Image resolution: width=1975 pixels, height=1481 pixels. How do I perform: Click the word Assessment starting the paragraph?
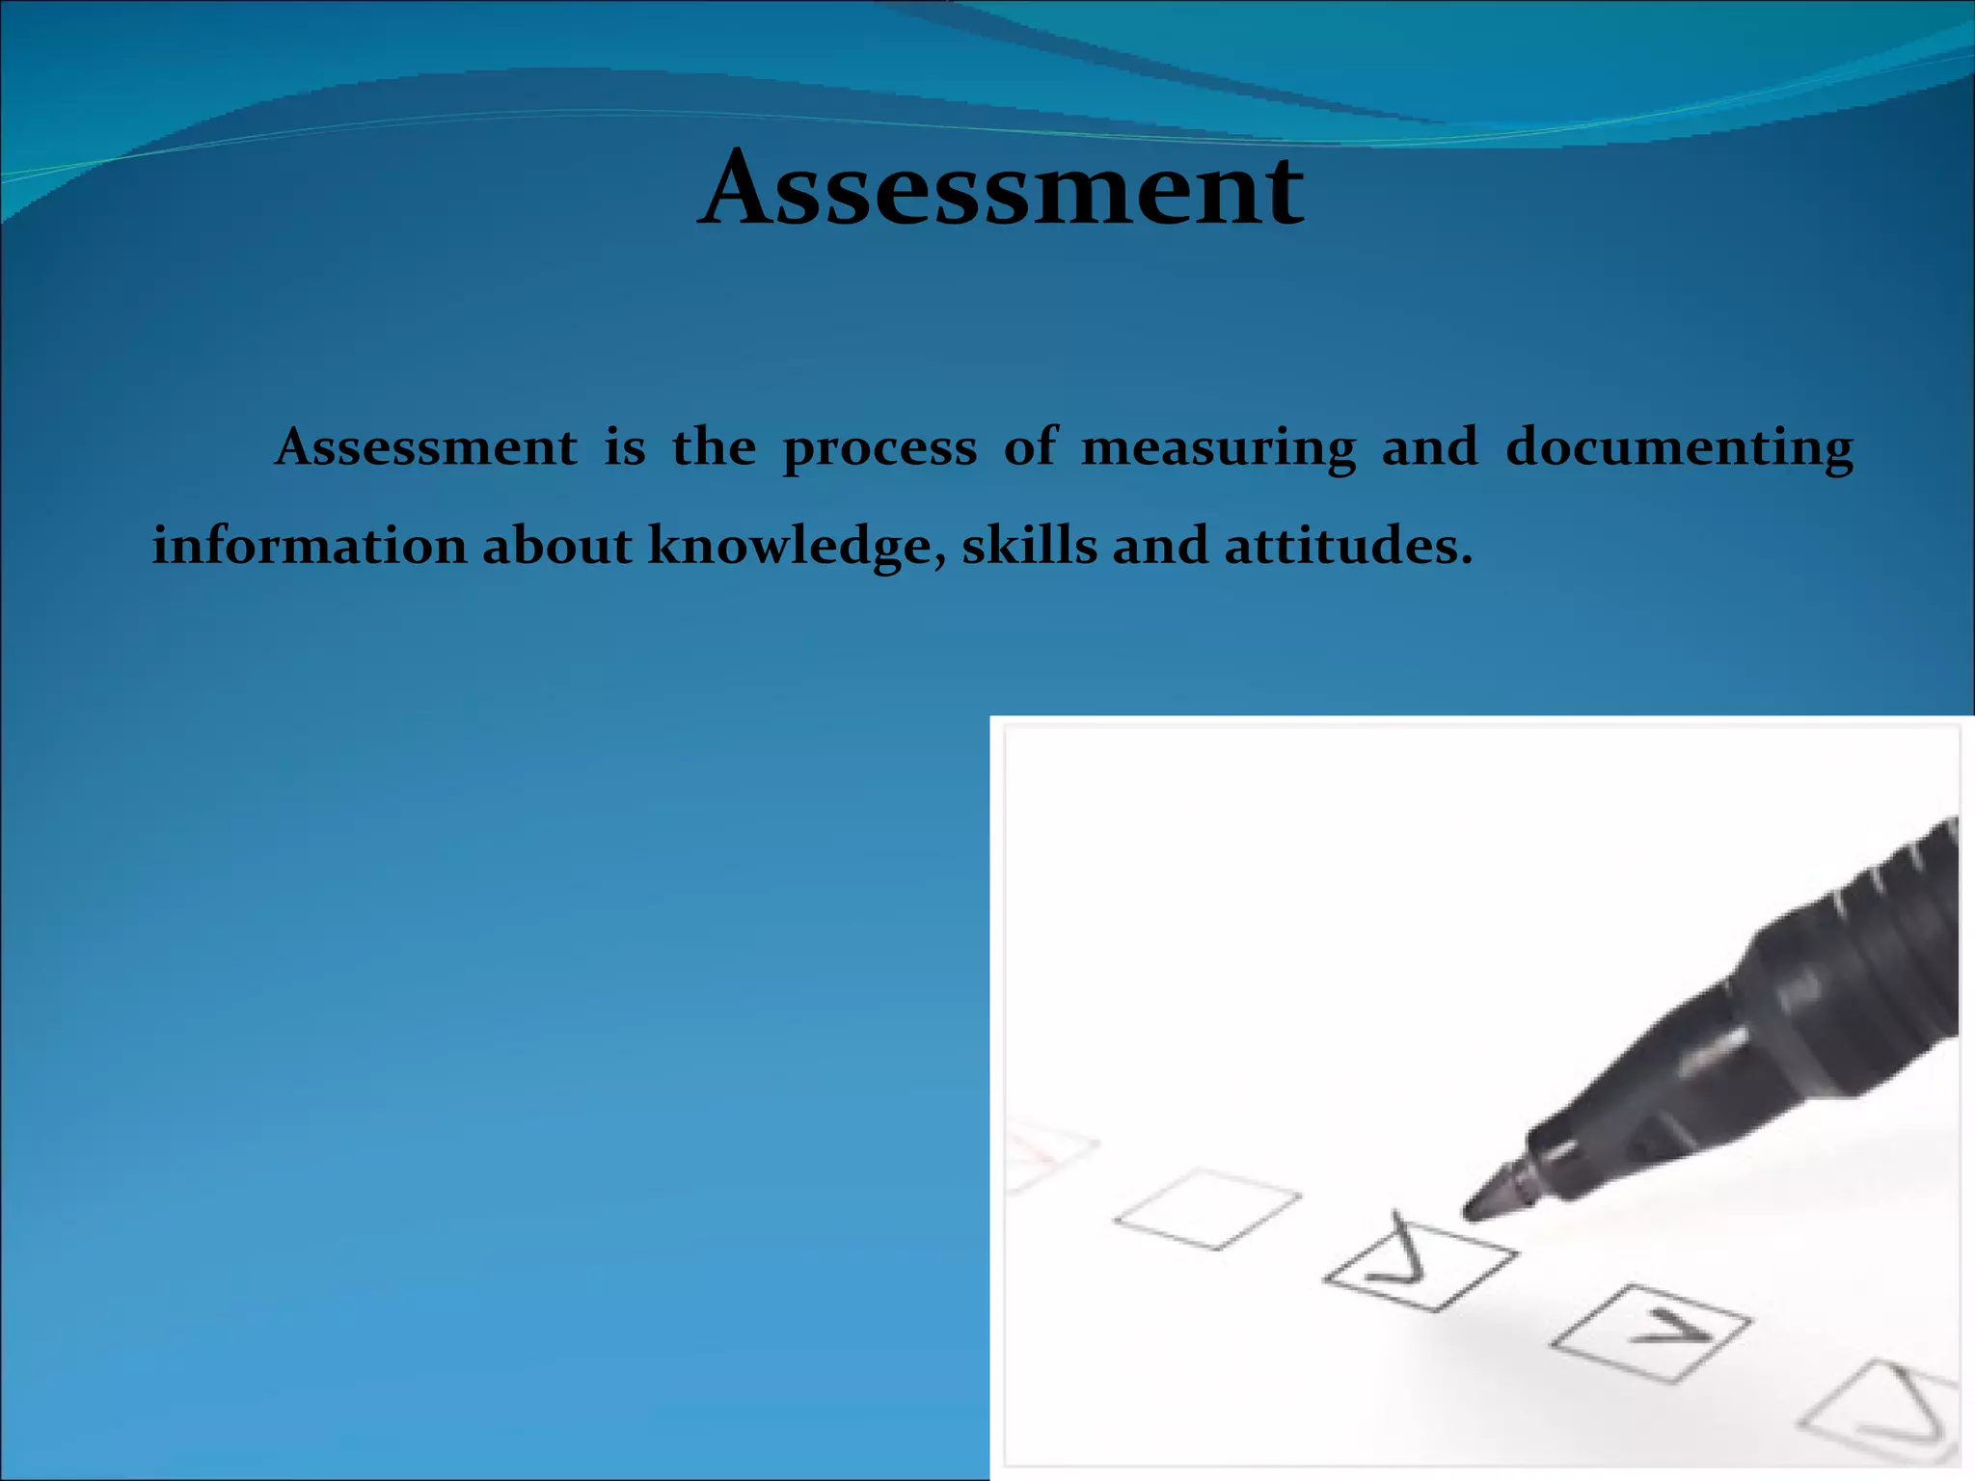pos(426,447)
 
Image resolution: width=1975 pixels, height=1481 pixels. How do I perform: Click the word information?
pos(309,546)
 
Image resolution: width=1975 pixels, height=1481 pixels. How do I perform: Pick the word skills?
pos(1029,546)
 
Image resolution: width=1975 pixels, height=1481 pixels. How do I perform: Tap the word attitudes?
pos(1348,546)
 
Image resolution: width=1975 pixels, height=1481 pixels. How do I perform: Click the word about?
pos(556,546)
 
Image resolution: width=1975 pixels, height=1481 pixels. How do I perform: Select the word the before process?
pos(714,447)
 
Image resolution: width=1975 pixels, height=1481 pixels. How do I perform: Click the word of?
pos(1030,447)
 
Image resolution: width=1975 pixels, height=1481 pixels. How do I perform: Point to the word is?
pos(625,447)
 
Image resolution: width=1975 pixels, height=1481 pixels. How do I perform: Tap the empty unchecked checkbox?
pos(1207,1209)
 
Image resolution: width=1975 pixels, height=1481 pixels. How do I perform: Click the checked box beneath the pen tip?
pos(1420,1265)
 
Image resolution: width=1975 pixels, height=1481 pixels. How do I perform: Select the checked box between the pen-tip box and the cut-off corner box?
pos(1651,1333)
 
